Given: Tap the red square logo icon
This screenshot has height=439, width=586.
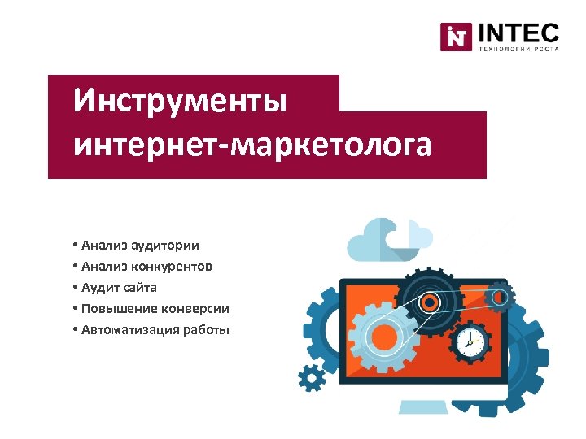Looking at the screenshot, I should [x=457, y=37].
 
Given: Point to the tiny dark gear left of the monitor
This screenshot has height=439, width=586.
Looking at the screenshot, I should [x=310, y=377].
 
